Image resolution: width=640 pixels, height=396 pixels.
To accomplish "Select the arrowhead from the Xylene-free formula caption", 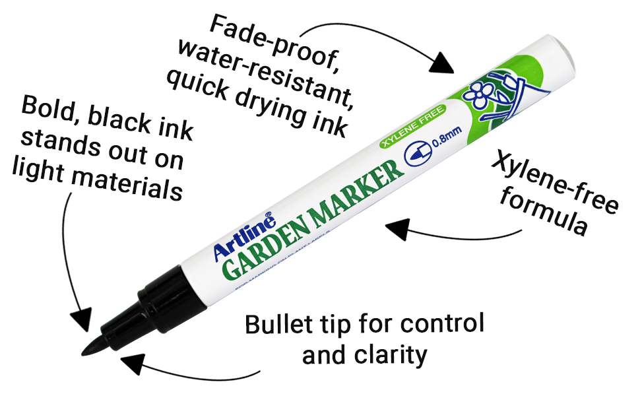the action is click(397, 229).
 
